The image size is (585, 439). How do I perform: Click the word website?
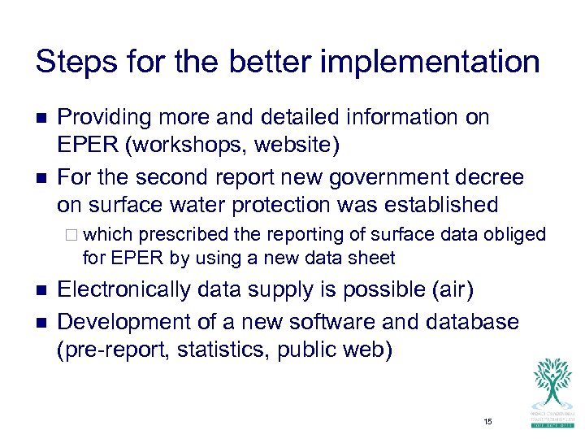coord(297,147)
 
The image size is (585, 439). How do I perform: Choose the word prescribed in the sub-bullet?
coord(184,235)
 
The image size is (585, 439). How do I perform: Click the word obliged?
coord(516,235)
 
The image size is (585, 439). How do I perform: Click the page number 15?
coord(487,421)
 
